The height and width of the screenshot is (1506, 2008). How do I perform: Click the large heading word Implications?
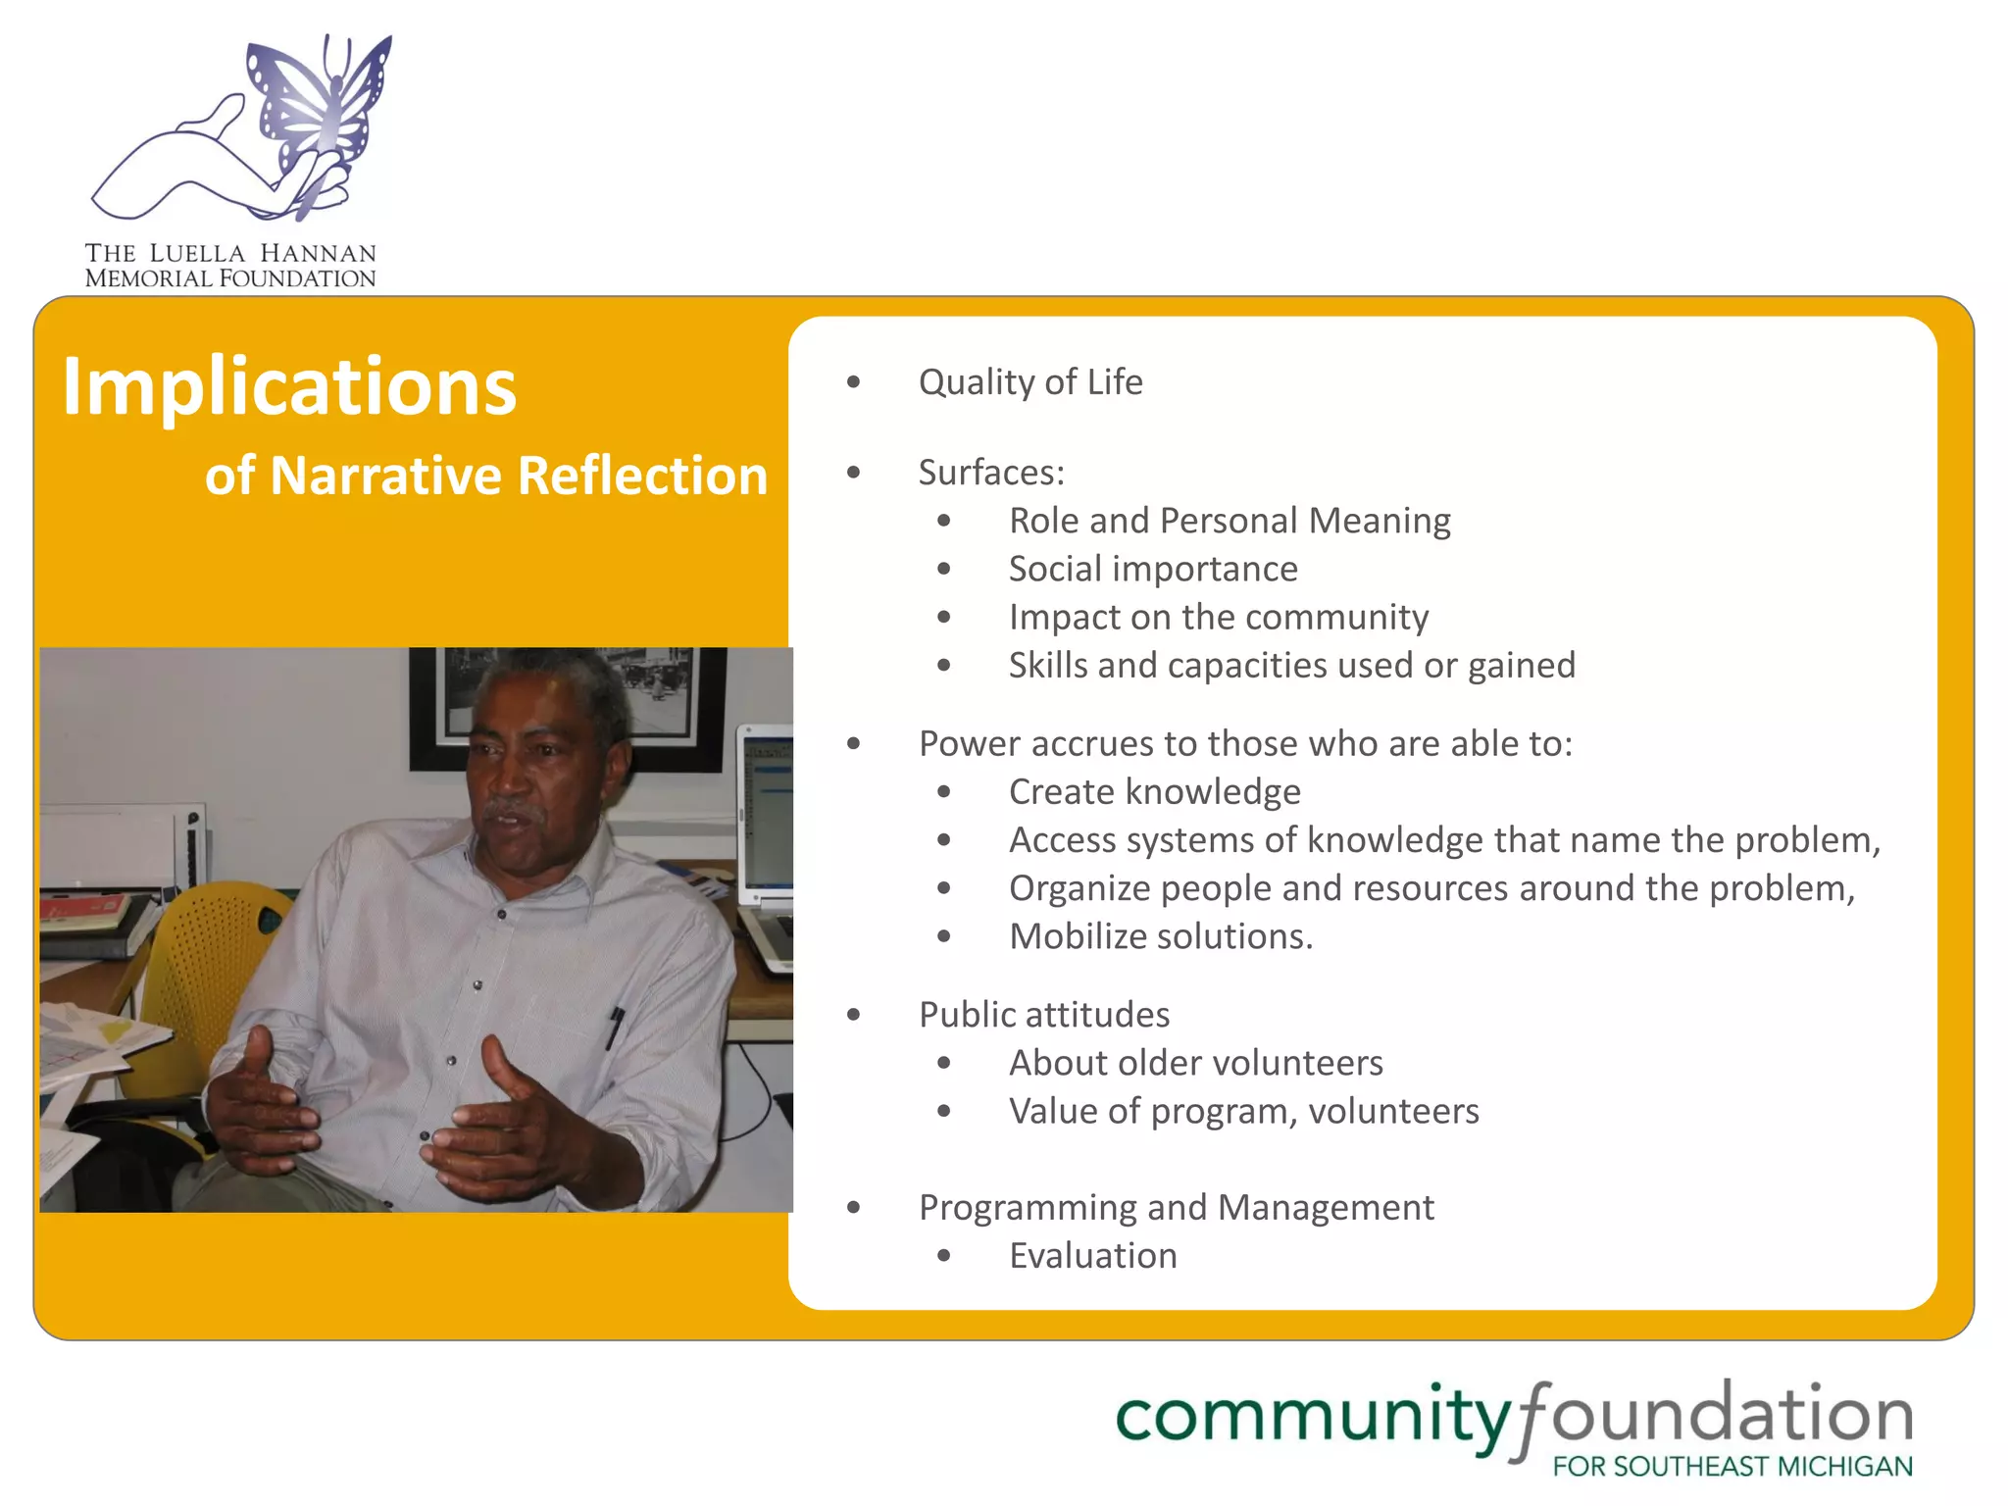point(289,386)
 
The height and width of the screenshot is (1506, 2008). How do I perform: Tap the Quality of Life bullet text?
point(1029,381)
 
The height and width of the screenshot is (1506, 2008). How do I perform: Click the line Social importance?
point(1153,569)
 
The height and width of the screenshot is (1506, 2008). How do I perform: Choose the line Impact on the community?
point(1218,617)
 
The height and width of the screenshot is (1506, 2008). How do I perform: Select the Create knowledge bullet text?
point(1154,791)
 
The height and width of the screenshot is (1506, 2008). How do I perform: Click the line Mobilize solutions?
point(1160,936)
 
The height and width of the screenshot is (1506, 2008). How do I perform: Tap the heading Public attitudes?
point(1043,1015)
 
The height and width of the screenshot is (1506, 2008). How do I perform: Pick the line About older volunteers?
point(1195,1063)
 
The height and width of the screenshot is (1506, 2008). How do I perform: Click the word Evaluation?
point(1092,1256)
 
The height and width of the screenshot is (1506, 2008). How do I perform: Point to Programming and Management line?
point(1176,1207)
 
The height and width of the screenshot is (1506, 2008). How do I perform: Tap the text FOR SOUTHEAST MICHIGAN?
point(1732,1467)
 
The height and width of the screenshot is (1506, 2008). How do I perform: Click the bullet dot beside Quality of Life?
point(853,381)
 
